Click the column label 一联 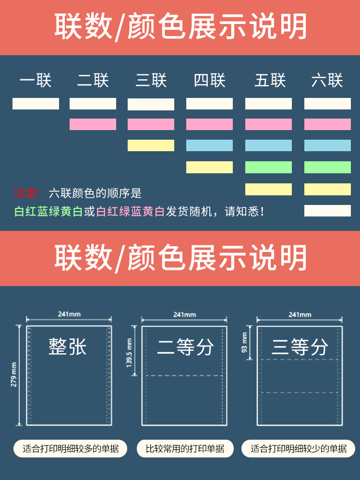(x=36, y=80)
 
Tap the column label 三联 (x=151, y=80)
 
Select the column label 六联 (x=327, y=80)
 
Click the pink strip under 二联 (x=93, y=124)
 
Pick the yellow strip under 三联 (x=151, y=145)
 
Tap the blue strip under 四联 (x=209, y=145)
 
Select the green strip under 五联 (x=268, y=167)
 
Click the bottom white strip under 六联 (x=327, y=211)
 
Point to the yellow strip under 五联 (x=268, y=189)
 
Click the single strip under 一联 (x=36, y=104)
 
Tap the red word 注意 (x=24, y=193)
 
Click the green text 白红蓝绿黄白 (x=48, y=211)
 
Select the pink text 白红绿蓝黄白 (x=131, y=211)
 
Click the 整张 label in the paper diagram (x=68, y=346)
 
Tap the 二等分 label (x=185, y=347)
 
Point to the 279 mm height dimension (x=14, y=374)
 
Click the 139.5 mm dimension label (x=129, y=352)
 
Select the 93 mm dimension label (x=244, y=342)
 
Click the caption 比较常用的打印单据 (x=185, y=449)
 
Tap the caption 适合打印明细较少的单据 (x=299, y=449)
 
